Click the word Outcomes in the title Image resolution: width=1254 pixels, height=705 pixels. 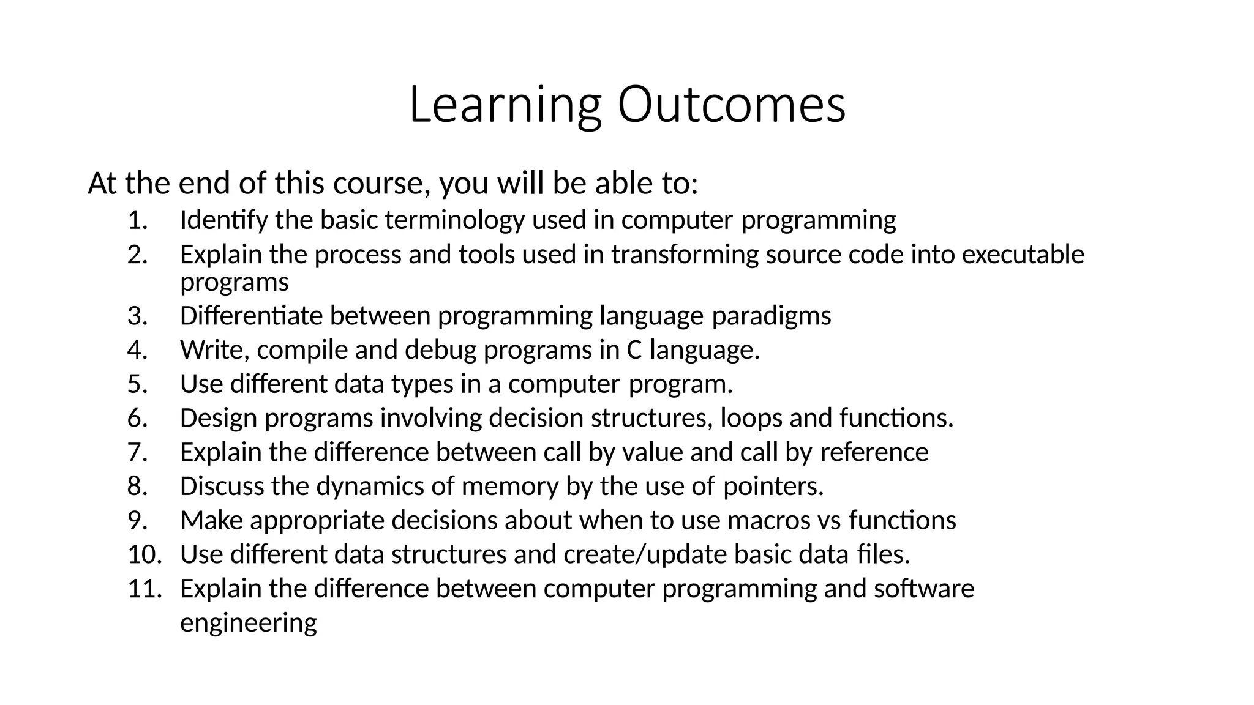pyautogui.click(x=731, y=105)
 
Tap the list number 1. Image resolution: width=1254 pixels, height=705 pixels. pyautogui.click(x=138, y=220)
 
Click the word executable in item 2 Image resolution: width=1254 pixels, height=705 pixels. pyautogui.click(x=1023, y=254)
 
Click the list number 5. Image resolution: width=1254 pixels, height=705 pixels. pyautogui.click(x=138, y=384)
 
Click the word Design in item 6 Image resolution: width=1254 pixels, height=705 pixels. pyautogui.click(x=219, y=418)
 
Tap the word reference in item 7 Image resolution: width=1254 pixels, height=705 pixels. pyautogui.click(x=874, y=452)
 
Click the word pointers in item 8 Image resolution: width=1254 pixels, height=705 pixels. pyautogui.click(x=773, y=487)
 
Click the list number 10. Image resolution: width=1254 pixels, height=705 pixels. pyautogui.click(x=145, y=554)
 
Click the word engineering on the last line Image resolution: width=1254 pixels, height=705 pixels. pyautogui.click(x=248, y=623)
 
